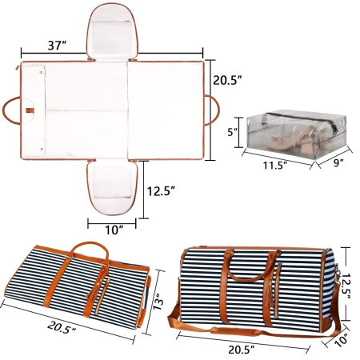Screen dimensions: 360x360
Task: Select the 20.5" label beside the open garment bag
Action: click(229, 80)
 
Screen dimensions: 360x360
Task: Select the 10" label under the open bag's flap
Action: click(116, 230)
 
